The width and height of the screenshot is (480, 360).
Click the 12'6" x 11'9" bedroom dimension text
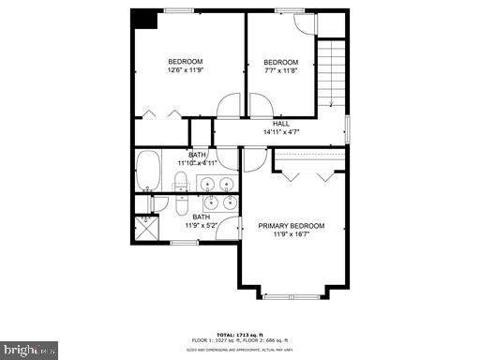pyautogui.click(x=185, y=69)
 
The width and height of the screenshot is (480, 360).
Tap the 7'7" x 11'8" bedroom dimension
pyautogui.click(x=279, y=69)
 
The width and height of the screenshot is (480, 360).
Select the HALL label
pyautogui.click(x=280, y=124)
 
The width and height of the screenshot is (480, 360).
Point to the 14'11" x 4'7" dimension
pyautogui.click(x=280, y=132)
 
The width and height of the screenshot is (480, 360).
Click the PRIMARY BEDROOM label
pyautogui.click(x=292, y=226)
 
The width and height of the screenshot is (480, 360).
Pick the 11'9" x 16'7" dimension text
pyautogui.click(x=292, y=234)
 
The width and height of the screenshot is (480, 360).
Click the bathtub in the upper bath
pyautogui.click(x=149, y=172)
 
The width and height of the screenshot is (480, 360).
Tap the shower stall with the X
pyautogui.click(x=147, y=229)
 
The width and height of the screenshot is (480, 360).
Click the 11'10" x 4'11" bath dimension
pyautogui.click(x=197, y=163)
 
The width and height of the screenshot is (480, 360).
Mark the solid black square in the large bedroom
pyautogui.click(x=143, y=19)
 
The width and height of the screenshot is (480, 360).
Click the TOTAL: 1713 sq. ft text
pyautogui.click(x=239, y=334)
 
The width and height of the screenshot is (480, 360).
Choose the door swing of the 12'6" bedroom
pyautogui.click(x=229, y=105)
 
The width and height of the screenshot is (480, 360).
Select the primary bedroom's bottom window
pyautogui.click(x=292, y=295)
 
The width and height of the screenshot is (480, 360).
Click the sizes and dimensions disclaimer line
pyautogui.click(x=239, y=348)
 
